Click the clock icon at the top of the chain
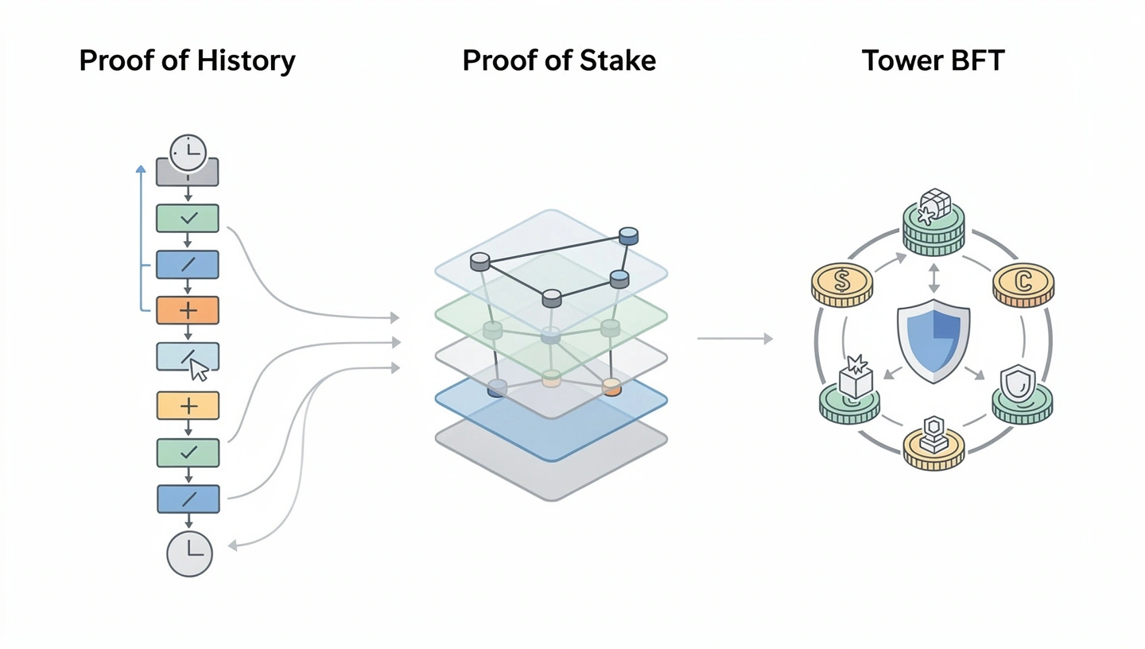tap(188, 152)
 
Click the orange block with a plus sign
tap(188, 310)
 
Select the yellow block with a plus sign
tap(188, 406)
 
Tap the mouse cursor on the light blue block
tap(198, 369)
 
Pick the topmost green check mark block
tap(188, 218)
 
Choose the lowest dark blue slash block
tap(188, 499)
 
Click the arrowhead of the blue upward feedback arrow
tap(141, 169)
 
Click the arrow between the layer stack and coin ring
tap(735, 339)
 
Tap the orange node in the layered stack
tap(611, 387)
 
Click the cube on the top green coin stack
tap(935, 204)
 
